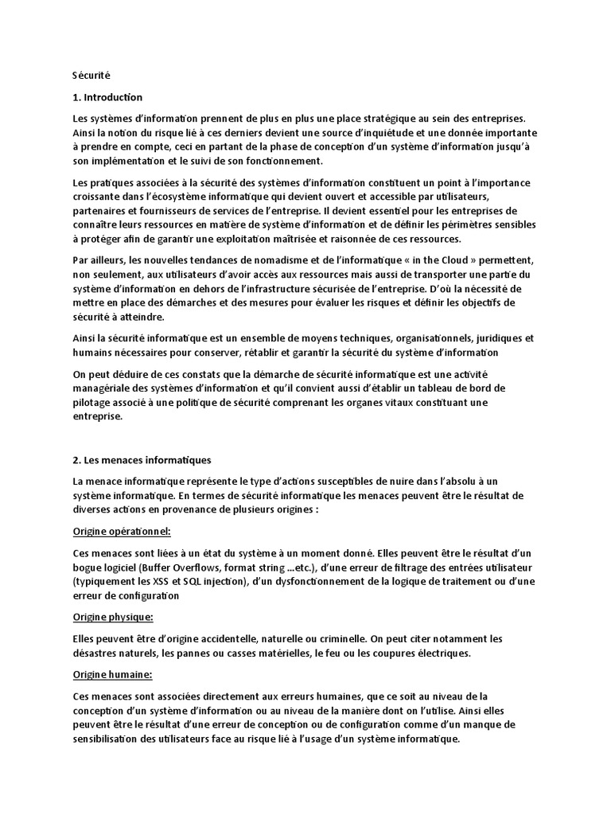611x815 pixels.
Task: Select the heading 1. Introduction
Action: [x=107, y=97]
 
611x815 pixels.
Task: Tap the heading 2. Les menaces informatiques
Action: [x=142, y=459]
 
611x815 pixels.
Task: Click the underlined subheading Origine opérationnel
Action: [x=121, y=530]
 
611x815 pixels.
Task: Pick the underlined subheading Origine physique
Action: [x=112, y=617]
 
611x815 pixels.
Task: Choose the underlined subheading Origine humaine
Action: [x=112, y=675]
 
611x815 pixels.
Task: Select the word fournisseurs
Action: [x=198, y=211]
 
